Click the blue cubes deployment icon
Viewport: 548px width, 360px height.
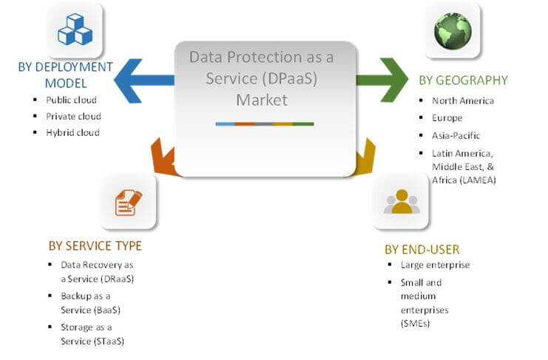(x=74, y=30)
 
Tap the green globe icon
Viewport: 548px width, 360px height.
(x=453, y=30)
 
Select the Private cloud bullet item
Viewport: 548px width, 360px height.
(x=73, y=116)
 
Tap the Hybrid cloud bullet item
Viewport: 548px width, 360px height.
(x=72, y=132)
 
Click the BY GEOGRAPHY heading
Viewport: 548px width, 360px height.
(x=463, y=81)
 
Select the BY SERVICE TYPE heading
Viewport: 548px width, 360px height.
(x=95, y=245)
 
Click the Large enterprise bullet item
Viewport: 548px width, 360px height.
(x=435, y=265)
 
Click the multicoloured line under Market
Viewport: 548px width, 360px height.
(x=265, y=123)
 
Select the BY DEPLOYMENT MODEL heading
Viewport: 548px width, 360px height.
(x=65, y=75)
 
